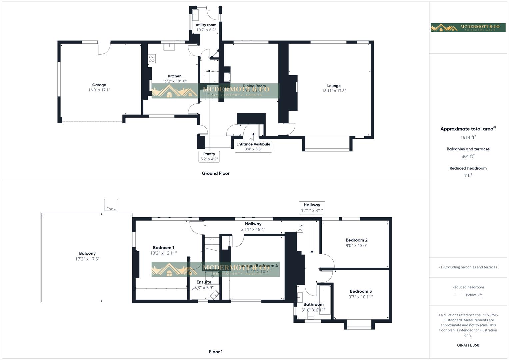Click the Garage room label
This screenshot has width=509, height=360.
click(x=99, y=85)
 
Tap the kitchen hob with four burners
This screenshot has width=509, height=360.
click(x=152, y=59)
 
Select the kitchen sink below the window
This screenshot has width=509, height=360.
click(x=169, y=47)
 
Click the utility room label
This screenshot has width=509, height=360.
click(x=206, y=25)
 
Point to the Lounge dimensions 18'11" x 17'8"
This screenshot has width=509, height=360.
click(x=334, y=91)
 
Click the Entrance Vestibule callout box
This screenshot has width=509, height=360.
click(x=253, y=146)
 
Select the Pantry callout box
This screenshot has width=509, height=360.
click(x=209, y=156)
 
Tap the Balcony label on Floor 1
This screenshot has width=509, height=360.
click(x=87, y=253)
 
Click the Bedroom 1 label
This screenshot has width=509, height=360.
click(x=163, y=248)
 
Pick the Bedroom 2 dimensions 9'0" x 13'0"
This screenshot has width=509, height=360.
click(x=356, y=246)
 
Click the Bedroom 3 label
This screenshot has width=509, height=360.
click(x=361, y=291)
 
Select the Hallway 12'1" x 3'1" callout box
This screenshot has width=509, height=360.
click(x=312, y=208)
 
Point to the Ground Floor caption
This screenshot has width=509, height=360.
click(x=216, y=173)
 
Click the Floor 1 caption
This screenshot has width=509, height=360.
click(x=216, y=352)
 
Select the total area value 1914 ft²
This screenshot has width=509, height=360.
click(x=468, y=137)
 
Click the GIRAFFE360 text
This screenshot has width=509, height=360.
click(x=468, y=345)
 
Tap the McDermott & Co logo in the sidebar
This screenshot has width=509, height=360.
click(x=468, y=27)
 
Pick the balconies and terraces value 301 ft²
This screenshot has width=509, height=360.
click(x=468, y=156)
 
